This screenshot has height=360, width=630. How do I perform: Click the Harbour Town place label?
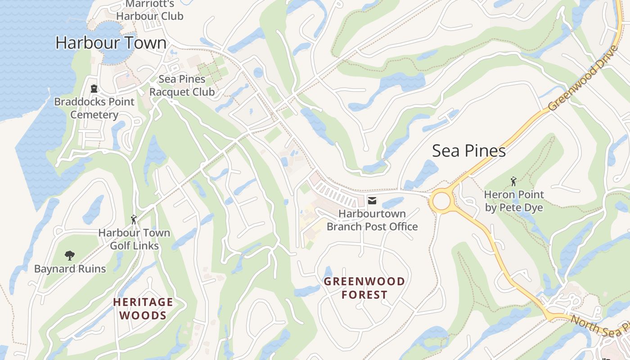coord(111,43)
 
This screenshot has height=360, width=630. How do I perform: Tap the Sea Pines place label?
coord(468,151)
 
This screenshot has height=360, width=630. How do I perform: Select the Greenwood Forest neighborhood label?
coord(364,288)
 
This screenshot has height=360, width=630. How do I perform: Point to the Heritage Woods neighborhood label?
coord(143,308)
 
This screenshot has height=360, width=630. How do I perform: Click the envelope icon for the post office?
coord(372,200)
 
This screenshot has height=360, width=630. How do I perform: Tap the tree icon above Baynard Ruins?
coord(69,256)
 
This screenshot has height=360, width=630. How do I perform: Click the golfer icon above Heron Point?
coord(513,181)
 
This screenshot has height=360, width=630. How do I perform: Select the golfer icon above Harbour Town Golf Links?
coord(134,220)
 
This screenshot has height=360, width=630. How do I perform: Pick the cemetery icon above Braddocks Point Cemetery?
coord(94,89)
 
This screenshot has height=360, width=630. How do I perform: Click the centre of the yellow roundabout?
coord(441,201)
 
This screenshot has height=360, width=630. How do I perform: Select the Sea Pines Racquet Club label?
coord(182,85)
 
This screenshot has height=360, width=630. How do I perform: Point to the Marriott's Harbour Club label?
coord(149,10)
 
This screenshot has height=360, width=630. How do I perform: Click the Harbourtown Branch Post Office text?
coord(372,220)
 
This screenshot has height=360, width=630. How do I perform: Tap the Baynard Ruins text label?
coord(70,269)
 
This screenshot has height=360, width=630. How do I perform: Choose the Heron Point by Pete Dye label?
coord(513,201)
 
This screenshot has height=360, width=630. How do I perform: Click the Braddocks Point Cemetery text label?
coord(94,108)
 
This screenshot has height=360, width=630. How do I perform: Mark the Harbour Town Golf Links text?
coord(134,239)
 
